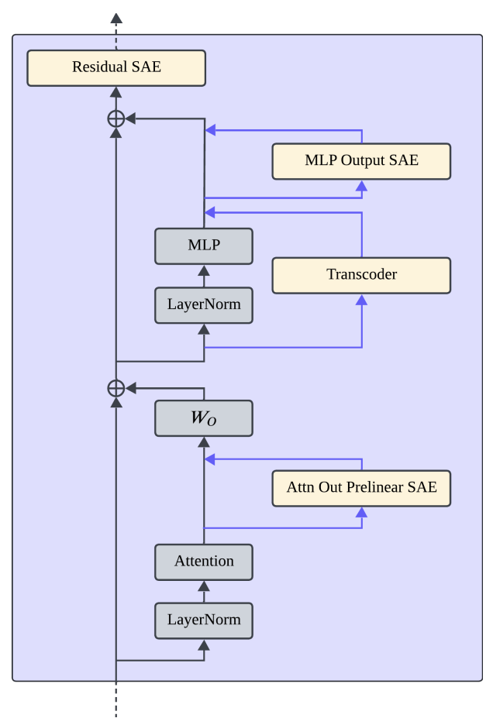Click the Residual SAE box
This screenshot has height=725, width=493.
(116, 67)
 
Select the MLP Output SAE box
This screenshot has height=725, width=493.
(361, 161)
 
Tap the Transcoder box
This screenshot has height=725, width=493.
(361, 275)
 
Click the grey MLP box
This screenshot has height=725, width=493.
(204, 246)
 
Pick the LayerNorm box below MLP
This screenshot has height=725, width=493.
(204, 305)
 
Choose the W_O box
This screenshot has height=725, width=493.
(204, 417)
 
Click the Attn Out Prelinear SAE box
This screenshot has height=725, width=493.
(361, 488)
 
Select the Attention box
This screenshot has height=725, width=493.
(204, 562)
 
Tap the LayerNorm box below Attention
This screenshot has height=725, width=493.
(204, 620)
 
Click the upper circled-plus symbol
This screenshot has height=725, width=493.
(116, 119)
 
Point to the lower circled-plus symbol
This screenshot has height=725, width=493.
(116, 388)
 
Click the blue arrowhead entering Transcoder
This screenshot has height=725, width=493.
(361, 300)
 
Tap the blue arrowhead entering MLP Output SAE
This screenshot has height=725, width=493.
(361, 185)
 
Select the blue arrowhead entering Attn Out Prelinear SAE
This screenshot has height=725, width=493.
(361, 512)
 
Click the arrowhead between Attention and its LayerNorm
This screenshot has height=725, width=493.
(204, 586)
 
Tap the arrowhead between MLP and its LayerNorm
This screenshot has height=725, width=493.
(204, 270)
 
